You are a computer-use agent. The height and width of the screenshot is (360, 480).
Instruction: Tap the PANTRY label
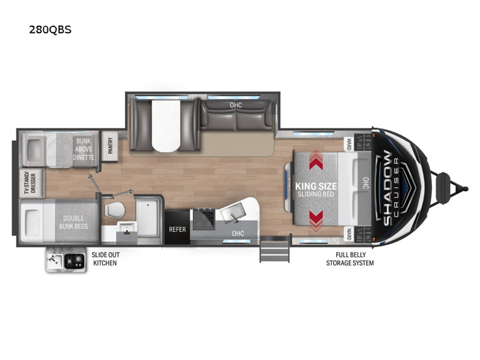(110, 146)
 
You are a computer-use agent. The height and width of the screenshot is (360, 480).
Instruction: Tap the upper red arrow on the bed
(316, 161)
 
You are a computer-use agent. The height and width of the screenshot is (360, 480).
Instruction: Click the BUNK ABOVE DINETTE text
(84, 149)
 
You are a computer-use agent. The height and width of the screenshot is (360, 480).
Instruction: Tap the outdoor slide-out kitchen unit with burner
(66, 260)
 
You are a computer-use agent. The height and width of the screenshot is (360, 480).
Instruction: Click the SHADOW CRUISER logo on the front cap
(393, 187)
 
